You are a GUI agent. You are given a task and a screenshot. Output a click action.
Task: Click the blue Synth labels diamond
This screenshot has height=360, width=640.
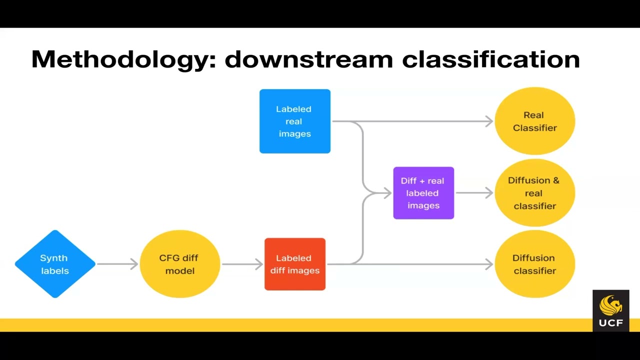[55, 264]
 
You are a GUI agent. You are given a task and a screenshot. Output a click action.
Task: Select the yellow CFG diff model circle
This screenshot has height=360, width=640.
[179, 264]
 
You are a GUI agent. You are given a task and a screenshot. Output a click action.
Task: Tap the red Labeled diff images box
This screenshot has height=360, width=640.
[294, 264]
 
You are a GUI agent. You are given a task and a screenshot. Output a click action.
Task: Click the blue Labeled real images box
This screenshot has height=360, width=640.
[294, 121]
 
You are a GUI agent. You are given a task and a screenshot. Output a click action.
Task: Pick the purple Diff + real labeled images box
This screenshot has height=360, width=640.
[423, 193]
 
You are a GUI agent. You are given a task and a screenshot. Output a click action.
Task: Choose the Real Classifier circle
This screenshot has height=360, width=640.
[534, 121]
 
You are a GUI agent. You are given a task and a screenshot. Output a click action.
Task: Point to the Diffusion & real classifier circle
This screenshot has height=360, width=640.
[534, 193]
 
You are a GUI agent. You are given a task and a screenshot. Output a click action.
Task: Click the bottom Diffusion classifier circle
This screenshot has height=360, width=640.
[534, 264]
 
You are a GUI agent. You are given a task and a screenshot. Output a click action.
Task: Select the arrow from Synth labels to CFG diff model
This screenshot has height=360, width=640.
[117, 264]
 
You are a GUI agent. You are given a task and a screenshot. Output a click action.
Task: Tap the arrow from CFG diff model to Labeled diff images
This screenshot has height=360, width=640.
[242, 264]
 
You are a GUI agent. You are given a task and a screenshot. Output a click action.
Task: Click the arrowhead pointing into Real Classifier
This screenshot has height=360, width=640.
[489, 121]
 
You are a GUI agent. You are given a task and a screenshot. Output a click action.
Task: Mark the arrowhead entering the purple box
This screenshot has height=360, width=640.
[387, 193]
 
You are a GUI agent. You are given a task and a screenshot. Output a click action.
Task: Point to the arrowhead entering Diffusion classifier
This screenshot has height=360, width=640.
[489, 264]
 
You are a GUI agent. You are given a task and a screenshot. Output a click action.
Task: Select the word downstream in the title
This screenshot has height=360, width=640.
[308, 59]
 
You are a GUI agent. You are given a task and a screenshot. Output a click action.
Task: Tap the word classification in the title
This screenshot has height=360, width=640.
[490, 59]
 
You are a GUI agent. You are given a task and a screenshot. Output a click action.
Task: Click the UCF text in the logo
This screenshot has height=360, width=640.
[610, 322]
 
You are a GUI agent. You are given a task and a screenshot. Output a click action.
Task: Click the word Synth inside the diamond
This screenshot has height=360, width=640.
[53, 258]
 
